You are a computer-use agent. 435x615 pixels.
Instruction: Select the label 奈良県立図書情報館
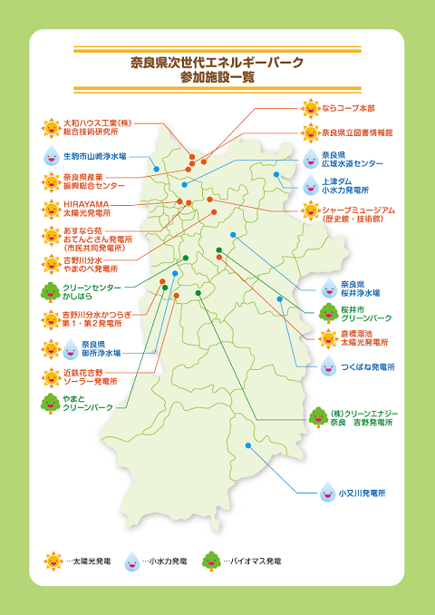pos(357,132)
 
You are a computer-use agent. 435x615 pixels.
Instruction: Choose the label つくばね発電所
pos(369,366)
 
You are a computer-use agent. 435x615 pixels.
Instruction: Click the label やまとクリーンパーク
pos(88,404)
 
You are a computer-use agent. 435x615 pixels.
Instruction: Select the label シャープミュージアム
pos(359,213)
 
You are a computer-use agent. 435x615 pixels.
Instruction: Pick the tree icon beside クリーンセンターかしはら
pos(51,292)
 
